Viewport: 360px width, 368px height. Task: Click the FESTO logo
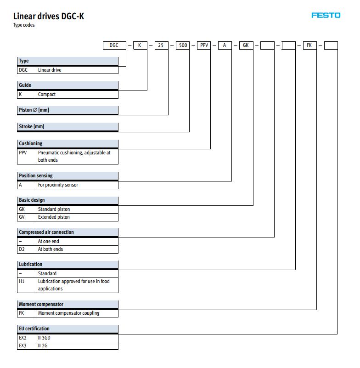[x=326, y=16]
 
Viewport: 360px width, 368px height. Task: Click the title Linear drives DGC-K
[x=49, y=16]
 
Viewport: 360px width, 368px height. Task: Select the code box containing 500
[x=183, y=45]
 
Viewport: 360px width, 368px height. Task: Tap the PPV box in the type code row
[x=204, y=45]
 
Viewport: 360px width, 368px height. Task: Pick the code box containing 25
[x=162, y=45]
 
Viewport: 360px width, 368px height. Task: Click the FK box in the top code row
[x=309, y=45]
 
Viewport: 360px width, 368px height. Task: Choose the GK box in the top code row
[x=246, y=45]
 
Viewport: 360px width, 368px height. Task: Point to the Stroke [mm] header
[x=67, y=126]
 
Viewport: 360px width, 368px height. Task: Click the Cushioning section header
[x=67, y=143]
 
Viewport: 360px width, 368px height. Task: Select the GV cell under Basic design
[x=27, y=217]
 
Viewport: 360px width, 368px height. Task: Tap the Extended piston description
[x=54, y=217]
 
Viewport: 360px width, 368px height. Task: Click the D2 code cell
[x=27, y=249]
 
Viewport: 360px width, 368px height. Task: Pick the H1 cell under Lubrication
[x=27, y=285]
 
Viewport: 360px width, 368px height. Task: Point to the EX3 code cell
[x=27, y=345]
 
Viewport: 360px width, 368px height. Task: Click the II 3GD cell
[x=77, y=338]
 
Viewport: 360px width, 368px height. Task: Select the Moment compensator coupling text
[x=69, y=313]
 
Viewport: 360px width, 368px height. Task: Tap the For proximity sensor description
[x=58, y=185]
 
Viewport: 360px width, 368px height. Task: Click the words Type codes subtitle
[x=24, y=25]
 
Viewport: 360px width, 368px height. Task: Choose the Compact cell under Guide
[x=77, y=94]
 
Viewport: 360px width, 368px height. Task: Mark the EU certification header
[x=67, y=328]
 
